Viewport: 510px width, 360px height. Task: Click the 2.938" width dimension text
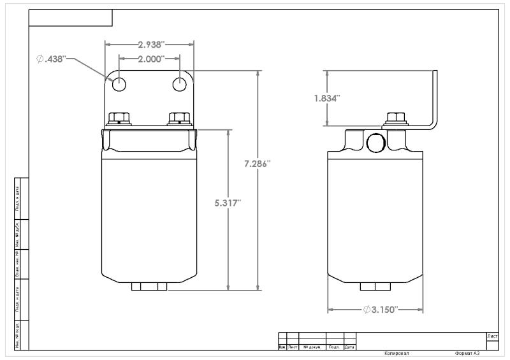(151, 45)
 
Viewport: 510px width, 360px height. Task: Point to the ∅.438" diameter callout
(52, 59)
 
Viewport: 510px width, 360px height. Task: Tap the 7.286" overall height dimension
(258, 164)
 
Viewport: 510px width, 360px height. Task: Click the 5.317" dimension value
(228, 203)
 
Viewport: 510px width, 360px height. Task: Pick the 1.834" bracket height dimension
(326, 98)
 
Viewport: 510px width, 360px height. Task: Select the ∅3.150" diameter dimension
(381, 310)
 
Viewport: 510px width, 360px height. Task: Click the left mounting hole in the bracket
(119, 83)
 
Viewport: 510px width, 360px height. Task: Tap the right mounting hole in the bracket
(181, 83)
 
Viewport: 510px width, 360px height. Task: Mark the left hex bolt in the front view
(119, 119)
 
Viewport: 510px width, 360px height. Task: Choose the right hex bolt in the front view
(178, 119)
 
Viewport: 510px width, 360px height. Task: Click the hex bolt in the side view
(397, 119)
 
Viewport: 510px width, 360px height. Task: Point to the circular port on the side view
(377, 143)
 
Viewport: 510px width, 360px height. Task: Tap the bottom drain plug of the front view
(149, 287)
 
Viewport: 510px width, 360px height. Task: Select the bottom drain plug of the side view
(375, 287)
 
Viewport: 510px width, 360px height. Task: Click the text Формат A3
(467, 353)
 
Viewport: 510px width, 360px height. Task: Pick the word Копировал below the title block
(397, 353)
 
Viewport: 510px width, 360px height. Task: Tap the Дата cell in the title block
(349, 347)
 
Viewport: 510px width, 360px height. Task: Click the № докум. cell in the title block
(312, 347)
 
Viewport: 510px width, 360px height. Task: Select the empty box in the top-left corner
(71, 18)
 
